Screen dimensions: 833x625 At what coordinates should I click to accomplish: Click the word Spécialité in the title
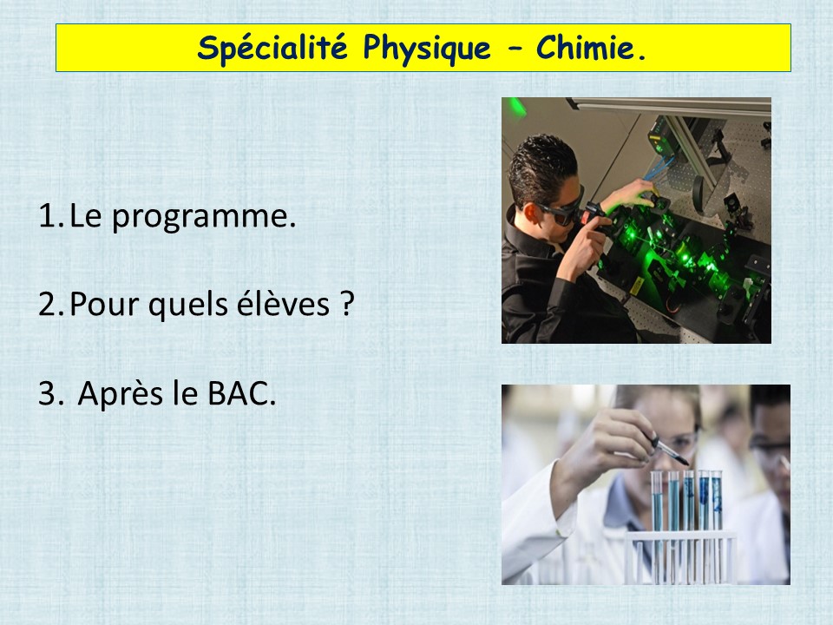click(x=272, y=47)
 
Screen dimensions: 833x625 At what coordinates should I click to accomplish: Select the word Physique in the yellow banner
click(x=427, y=49)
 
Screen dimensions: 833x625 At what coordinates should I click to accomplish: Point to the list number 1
click(x=50, y=216)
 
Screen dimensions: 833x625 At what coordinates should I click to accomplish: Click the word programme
click(x=204, y=218)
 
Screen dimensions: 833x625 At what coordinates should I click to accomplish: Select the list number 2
click(x=51, y=305)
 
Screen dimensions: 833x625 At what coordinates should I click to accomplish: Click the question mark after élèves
click(x=346, y=304)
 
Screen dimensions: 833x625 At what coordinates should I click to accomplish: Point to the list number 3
click(x=50, y=394)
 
